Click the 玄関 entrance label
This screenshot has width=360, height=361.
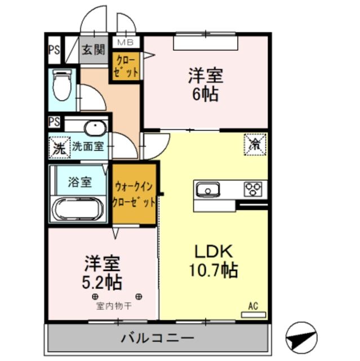(93, 50)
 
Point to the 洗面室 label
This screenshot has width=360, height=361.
(87, 146)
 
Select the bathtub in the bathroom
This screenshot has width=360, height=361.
(78, 209)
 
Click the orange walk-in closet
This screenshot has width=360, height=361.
(134, 193)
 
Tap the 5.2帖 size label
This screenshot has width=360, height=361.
(102, 281)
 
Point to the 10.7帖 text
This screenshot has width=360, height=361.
(214, 271)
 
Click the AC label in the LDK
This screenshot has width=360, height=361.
(253, 307)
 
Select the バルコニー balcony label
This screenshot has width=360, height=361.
(157, 338)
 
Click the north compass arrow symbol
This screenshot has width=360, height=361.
(301, 335)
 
